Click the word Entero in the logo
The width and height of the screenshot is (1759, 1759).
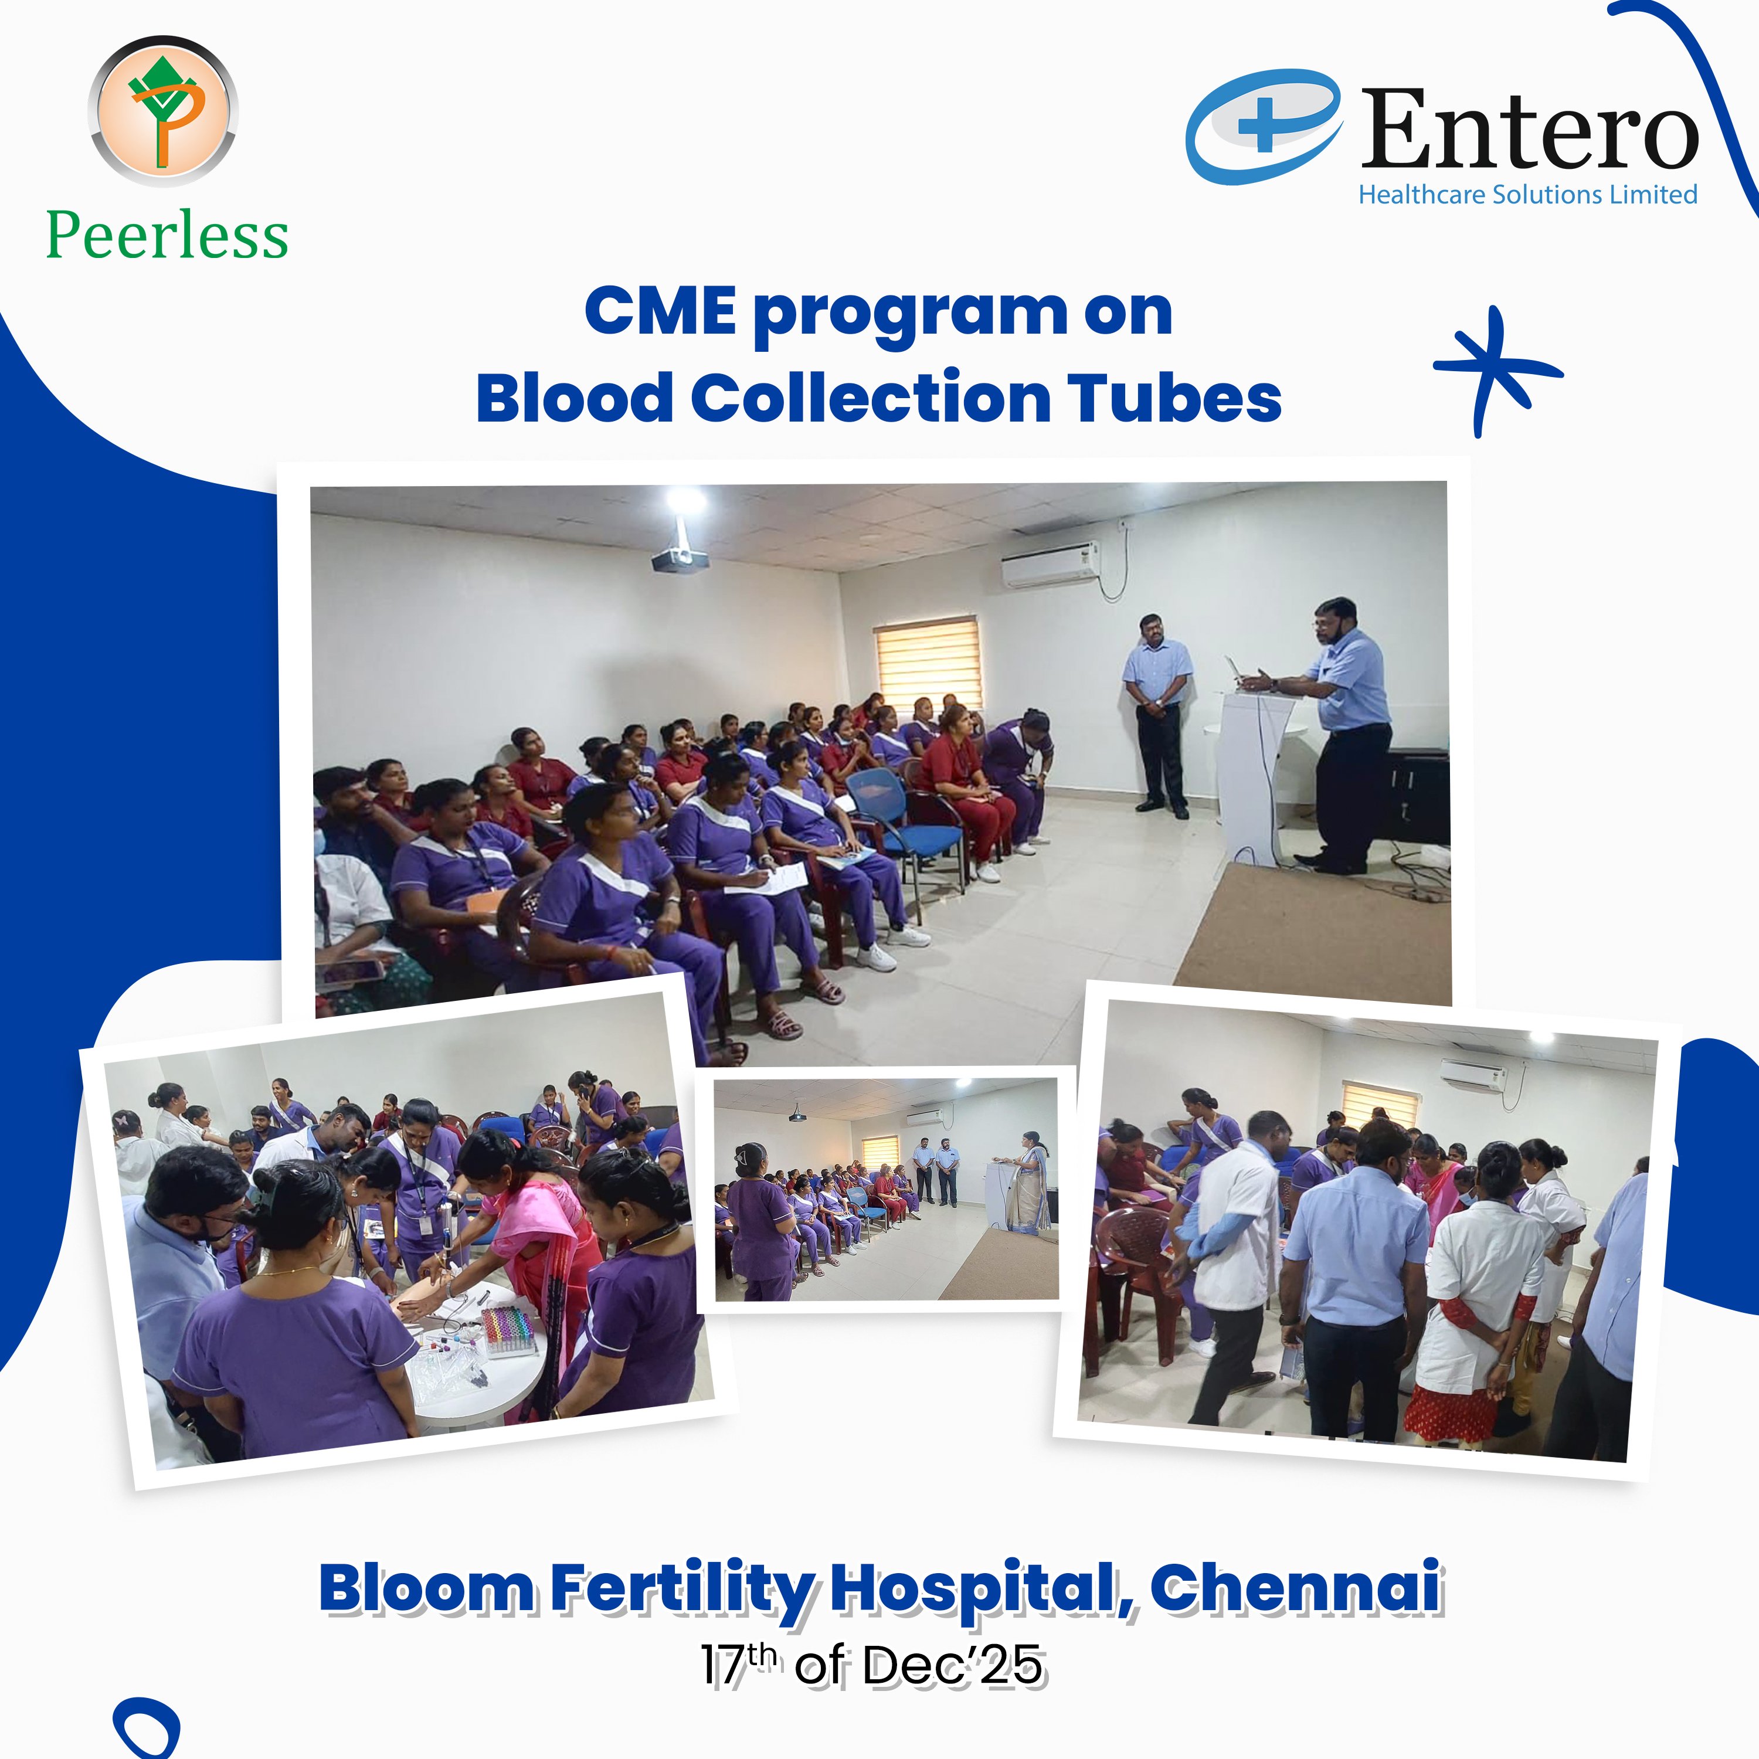[1530, 129]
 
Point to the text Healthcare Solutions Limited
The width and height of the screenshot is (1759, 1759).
[1528, 195]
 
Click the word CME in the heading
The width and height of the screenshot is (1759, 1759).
[661, 311]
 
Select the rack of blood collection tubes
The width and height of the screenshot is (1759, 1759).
[511, 1331]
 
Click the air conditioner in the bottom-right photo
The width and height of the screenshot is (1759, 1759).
[1472, 1075]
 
